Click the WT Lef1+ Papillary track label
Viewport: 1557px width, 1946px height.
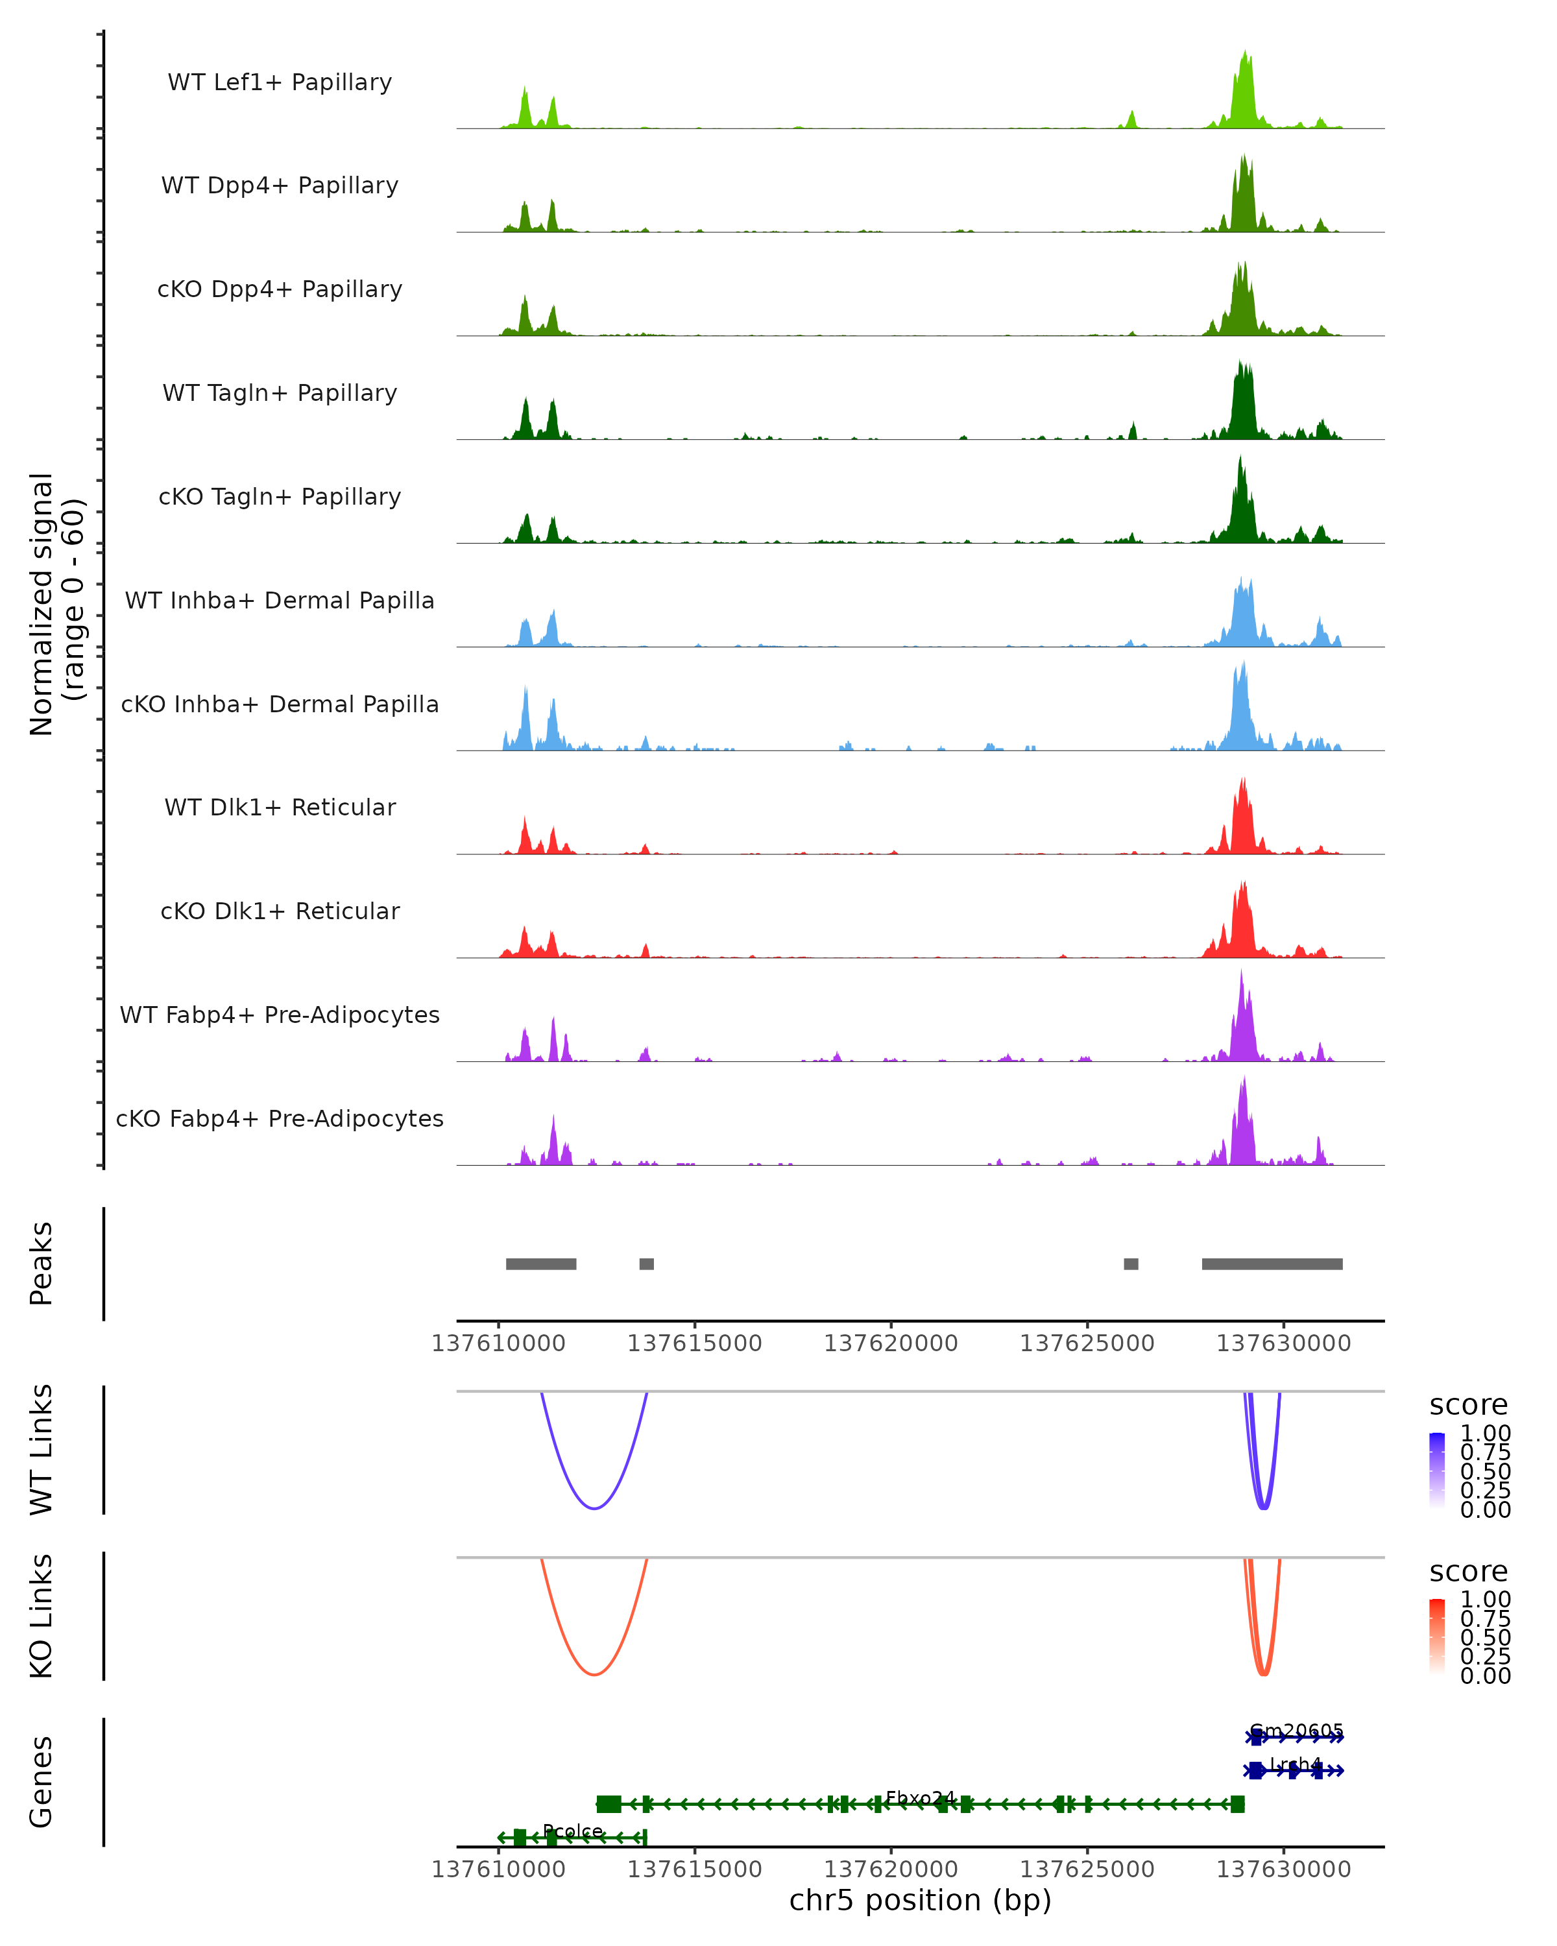(x=280, y=82)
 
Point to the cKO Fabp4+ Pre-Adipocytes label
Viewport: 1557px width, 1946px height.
(x=280, y=1118)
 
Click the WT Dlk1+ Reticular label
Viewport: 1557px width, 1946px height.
(x=280, y=807)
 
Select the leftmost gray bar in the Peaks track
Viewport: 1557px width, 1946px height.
(x=540, y=1264)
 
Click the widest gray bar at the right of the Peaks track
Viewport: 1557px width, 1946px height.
(x=1272, y=1264)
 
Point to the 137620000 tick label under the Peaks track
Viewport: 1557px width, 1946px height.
(x=890, y=1343)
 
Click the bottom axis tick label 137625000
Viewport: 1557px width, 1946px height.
(x=1087, y=1869)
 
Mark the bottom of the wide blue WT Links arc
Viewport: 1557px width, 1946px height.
(x=594, y=1508)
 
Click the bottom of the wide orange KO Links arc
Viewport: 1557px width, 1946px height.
(x=594, y=1674)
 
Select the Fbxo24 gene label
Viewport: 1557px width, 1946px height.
(x=920, y=1798)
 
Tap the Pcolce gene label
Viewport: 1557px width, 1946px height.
(x=573, y=1831)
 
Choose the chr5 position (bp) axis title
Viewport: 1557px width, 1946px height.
(x=920, y=1901)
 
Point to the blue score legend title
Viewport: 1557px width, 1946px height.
(x=1467, y=1404)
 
